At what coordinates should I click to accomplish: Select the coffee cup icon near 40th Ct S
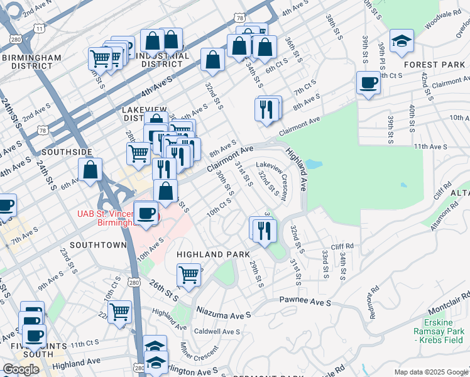point(369,82)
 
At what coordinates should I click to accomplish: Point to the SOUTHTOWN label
point(94,244)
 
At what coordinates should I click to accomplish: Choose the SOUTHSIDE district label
point(68,152)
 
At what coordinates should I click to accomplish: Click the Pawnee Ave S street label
point(305,302)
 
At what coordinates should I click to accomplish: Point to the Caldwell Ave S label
point(217,331)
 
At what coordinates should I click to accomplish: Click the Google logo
point(21,369)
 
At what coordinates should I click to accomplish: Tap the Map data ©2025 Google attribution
point(430,372)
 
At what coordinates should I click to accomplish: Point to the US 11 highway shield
point(40,28)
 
